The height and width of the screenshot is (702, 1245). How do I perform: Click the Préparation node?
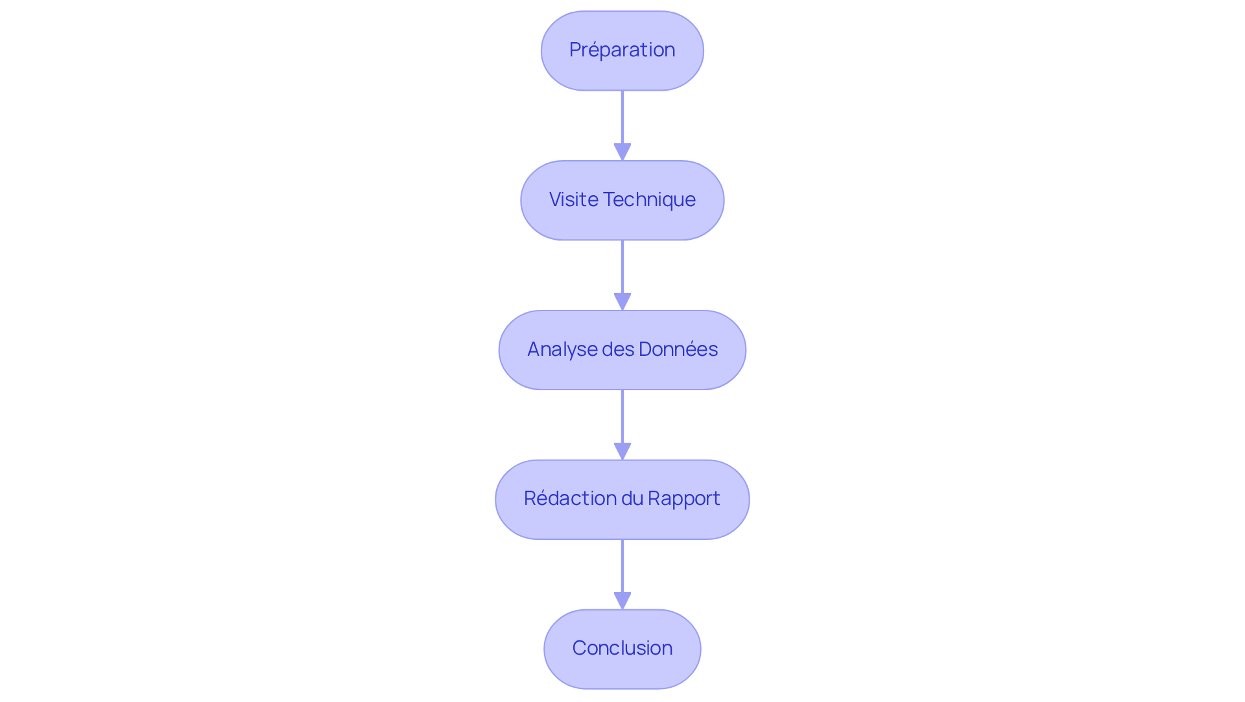coord(622,51)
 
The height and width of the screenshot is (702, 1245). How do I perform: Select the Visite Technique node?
coord(622,200)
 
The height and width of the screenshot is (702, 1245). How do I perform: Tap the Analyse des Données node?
coord(622,350)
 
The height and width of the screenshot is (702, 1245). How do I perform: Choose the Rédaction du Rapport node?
coord(622,499)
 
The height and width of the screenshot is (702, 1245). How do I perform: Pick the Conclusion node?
coord(622,648)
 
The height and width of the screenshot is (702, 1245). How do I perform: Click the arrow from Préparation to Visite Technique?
coord(622,120)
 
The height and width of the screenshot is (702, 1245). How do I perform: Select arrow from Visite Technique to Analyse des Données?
coord(622,269)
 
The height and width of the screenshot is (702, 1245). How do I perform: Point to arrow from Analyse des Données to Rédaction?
coord(622,418)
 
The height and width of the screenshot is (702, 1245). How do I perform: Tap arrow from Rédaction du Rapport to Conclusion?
coord(622,567)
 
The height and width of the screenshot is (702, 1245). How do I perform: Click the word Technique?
coord(650,200)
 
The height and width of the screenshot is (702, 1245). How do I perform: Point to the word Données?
coord(678,349)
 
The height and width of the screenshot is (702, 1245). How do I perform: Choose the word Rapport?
coord(684,498)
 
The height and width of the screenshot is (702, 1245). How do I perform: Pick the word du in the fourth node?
coord(632,498)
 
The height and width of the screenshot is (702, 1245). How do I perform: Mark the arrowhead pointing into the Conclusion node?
coord(622,600)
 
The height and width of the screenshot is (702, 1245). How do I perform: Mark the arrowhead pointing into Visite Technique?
coord(622,152)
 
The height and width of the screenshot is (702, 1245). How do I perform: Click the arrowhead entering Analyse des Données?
coord(622,301)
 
